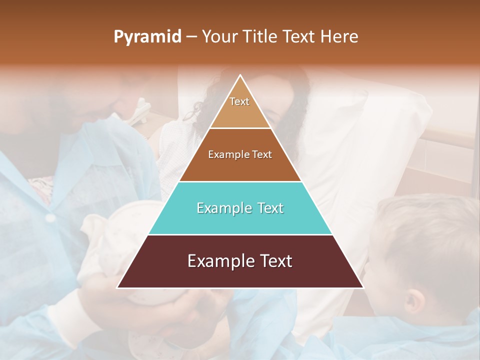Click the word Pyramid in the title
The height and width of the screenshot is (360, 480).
click(x=147, y=37)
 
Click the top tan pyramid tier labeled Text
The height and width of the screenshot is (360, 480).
click(x=240, y=107)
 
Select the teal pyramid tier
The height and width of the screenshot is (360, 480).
click(x=240, y=208)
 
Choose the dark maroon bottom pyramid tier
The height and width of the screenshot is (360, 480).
click(x=240, y=261)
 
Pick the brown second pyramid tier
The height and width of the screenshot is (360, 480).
click(x=240, y=154)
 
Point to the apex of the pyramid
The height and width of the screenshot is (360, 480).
click(x=240, y=75)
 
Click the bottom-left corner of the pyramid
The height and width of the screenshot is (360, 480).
click(x=118, y=287)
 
